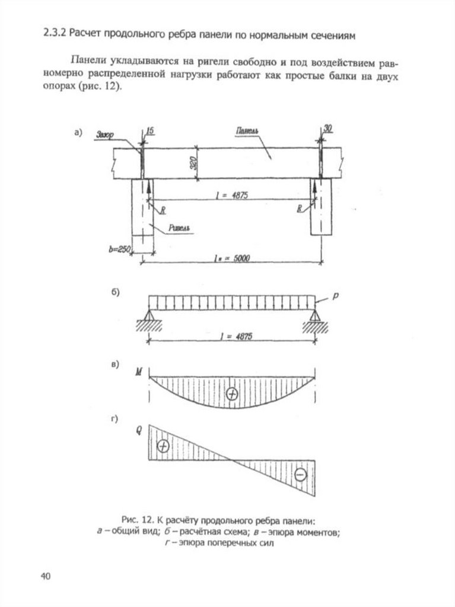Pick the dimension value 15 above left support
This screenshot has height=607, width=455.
pos(149,130)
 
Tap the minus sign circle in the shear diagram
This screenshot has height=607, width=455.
pos(300,474)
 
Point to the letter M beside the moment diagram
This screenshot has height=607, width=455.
pos(138,372)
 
